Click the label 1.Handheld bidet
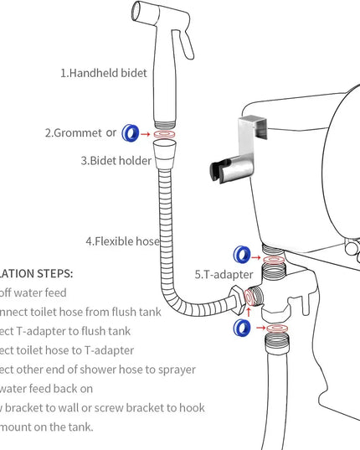click(x=103, y=73)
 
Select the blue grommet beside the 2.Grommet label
click(x=130, y=132)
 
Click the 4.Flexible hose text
click(x=122, y=241)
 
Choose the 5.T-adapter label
click(x=224, y=273)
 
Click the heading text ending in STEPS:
click(x=37, y=273)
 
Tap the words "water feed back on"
click(x=47, y=389)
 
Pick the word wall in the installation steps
click(x=69, y=408)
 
